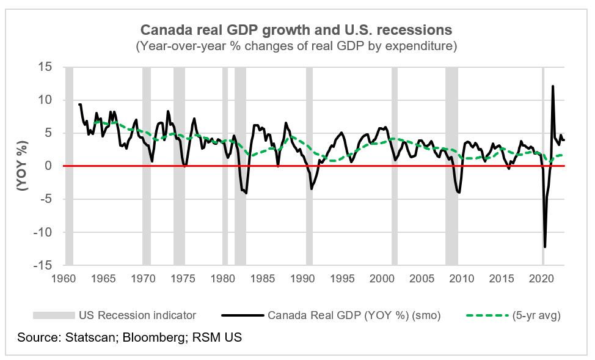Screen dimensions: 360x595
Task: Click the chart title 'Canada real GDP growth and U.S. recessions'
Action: tap(297, 29)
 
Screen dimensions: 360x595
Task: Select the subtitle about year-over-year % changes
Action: tap(297, 46)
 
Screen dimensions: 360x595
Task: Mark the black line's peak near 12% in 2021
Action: tap(553, 86)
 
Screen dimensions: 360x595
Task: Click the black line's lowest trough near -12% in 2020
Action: tap(545, 246)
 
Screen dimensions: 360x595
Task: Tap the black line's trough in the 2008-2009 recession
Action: tap(459, 193)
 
